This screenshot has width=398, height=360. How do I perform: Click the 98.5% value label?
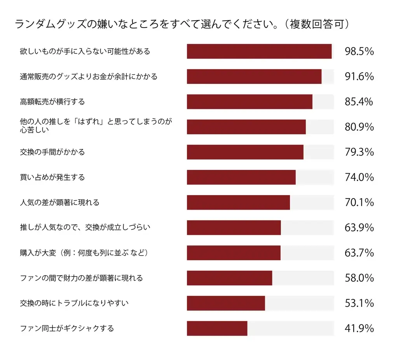[x=359, y=51]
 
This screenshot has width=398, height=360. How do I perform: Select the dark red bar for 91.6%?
[x=254, y=77]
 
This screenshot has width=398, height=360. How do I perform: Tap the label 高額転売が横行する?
[x=52, y=102]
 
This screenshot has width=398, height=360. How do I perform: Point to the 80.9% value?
[x=359, y=127]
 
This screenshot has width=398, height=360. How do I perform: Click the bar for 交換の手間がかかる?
[x=245, y=152]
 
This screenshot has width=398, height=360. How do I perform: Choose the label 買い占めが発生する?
[x=52, y=177]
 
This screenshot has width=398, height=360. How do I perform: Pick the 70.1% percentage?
[x=359, y=202]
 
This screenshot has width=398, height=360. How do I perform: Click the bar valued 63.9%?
[x=234, y=228]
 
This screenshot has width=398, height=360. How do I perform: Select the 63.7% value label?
[x=359, y=253]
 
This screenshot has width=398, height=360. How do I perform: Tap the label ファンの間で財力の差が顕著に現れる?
[x=82, y=278]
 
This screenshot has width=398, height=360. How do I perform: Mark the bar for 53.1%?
[x=226, y=303]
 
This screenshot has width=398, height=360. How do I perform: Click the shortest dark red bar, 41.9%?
[x=217, y=329]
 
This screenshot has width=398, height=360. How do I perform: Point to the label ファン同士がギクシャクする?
[x=67, y=329]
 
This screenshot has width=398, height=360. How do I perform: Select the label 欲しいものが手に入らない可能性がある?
[x=85, y=51]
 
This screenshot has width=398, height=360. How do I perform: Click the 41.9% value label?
[x=359, y=329]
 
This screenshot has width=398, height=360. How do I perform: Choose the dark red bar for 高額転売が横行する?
[x=250, y=102]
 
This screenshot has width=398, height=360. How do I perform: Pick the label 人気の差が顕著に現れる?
[x=60, y=202]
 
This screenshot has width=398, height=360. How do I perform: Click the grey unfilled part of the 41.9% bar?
[x=290, y=329]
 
